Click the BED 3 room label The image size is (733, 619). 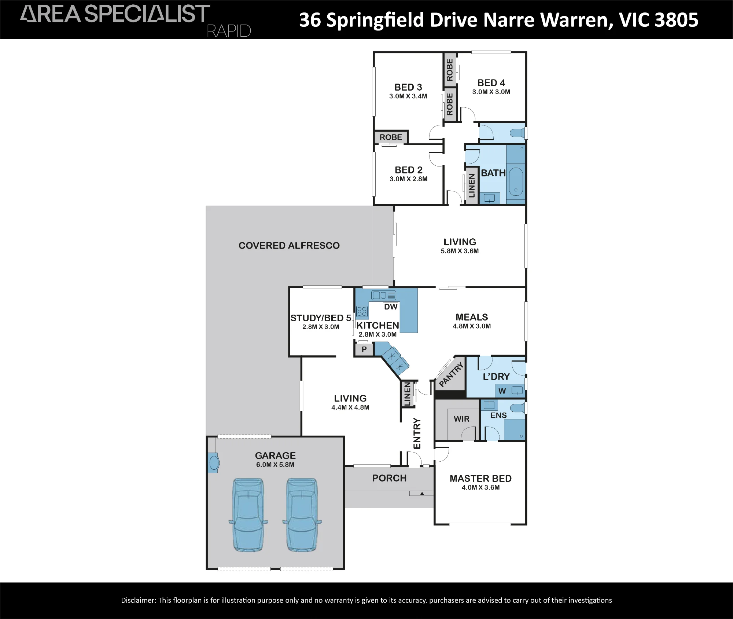pos(408,87)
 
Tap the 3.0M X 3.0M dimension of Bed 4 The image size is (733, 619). pos(491,92)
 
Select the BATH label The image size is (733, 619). pos(493,173)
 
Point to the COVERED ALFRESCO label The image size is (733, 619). pos(289,246)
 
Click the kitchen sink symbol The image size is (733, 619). pos(384,295)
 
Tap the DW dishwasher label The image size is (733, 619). pos(391,307)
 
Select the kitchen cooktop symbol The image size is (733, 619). pos(362,312)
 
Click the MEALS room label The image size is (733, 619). pos(472,317)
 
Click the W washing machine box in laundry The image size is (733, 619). pos(502,391)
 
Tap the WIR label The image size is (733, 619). pos(461,419)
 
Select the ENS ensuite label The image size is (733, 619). pos(498,415)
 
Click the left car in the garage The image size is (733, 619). pos(248,514)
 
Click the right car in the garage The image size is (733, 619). pos(302,514)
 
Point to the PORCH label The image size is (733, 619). pos(389,478)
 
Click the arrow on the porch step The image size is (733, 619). pos(422,495)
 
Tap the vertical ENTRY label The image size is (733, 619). pos(417,433)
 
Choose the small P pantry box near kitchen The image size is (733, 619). pos(364,349)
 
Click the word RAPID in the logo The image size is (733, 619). pos(229,31)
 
